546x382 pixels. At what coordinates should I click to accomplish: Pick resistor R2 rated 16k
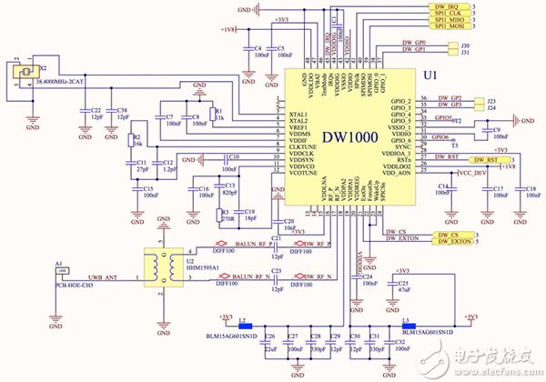pyautogui.click(x=135, y=145)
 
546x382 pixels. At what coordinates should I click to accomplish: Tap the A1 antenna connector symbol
pyautogui.click(x=60, y=276)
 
